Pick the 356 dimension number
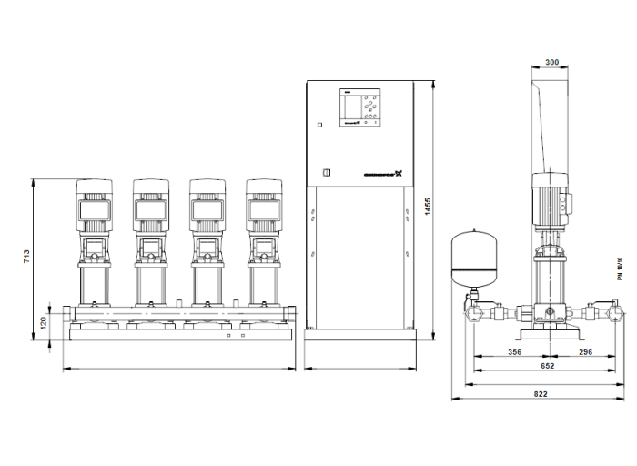tap(514, 351)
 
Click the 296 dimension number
tap(583, 351)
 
